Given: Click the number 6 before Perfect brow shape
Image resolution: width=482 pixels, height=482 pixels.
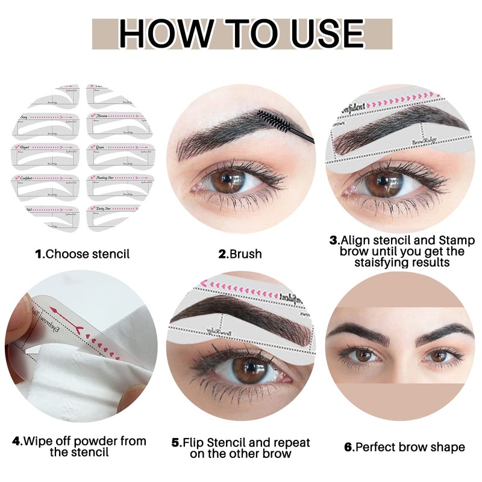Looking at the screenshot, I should tap(348, 447).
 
